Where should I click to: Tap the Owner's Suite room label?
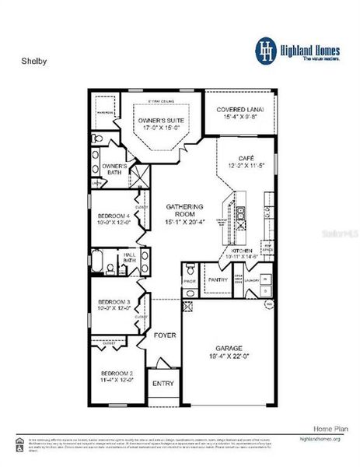pyautogui.click(x=162, y=121)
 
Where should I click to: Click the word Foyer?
pyautogui.click(x=164, y=335)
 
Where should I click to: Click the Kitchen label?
pyautogui.click(x=242, y=249)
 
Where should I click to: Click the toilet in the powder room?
pyautogui.click(x=190, y=290)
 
